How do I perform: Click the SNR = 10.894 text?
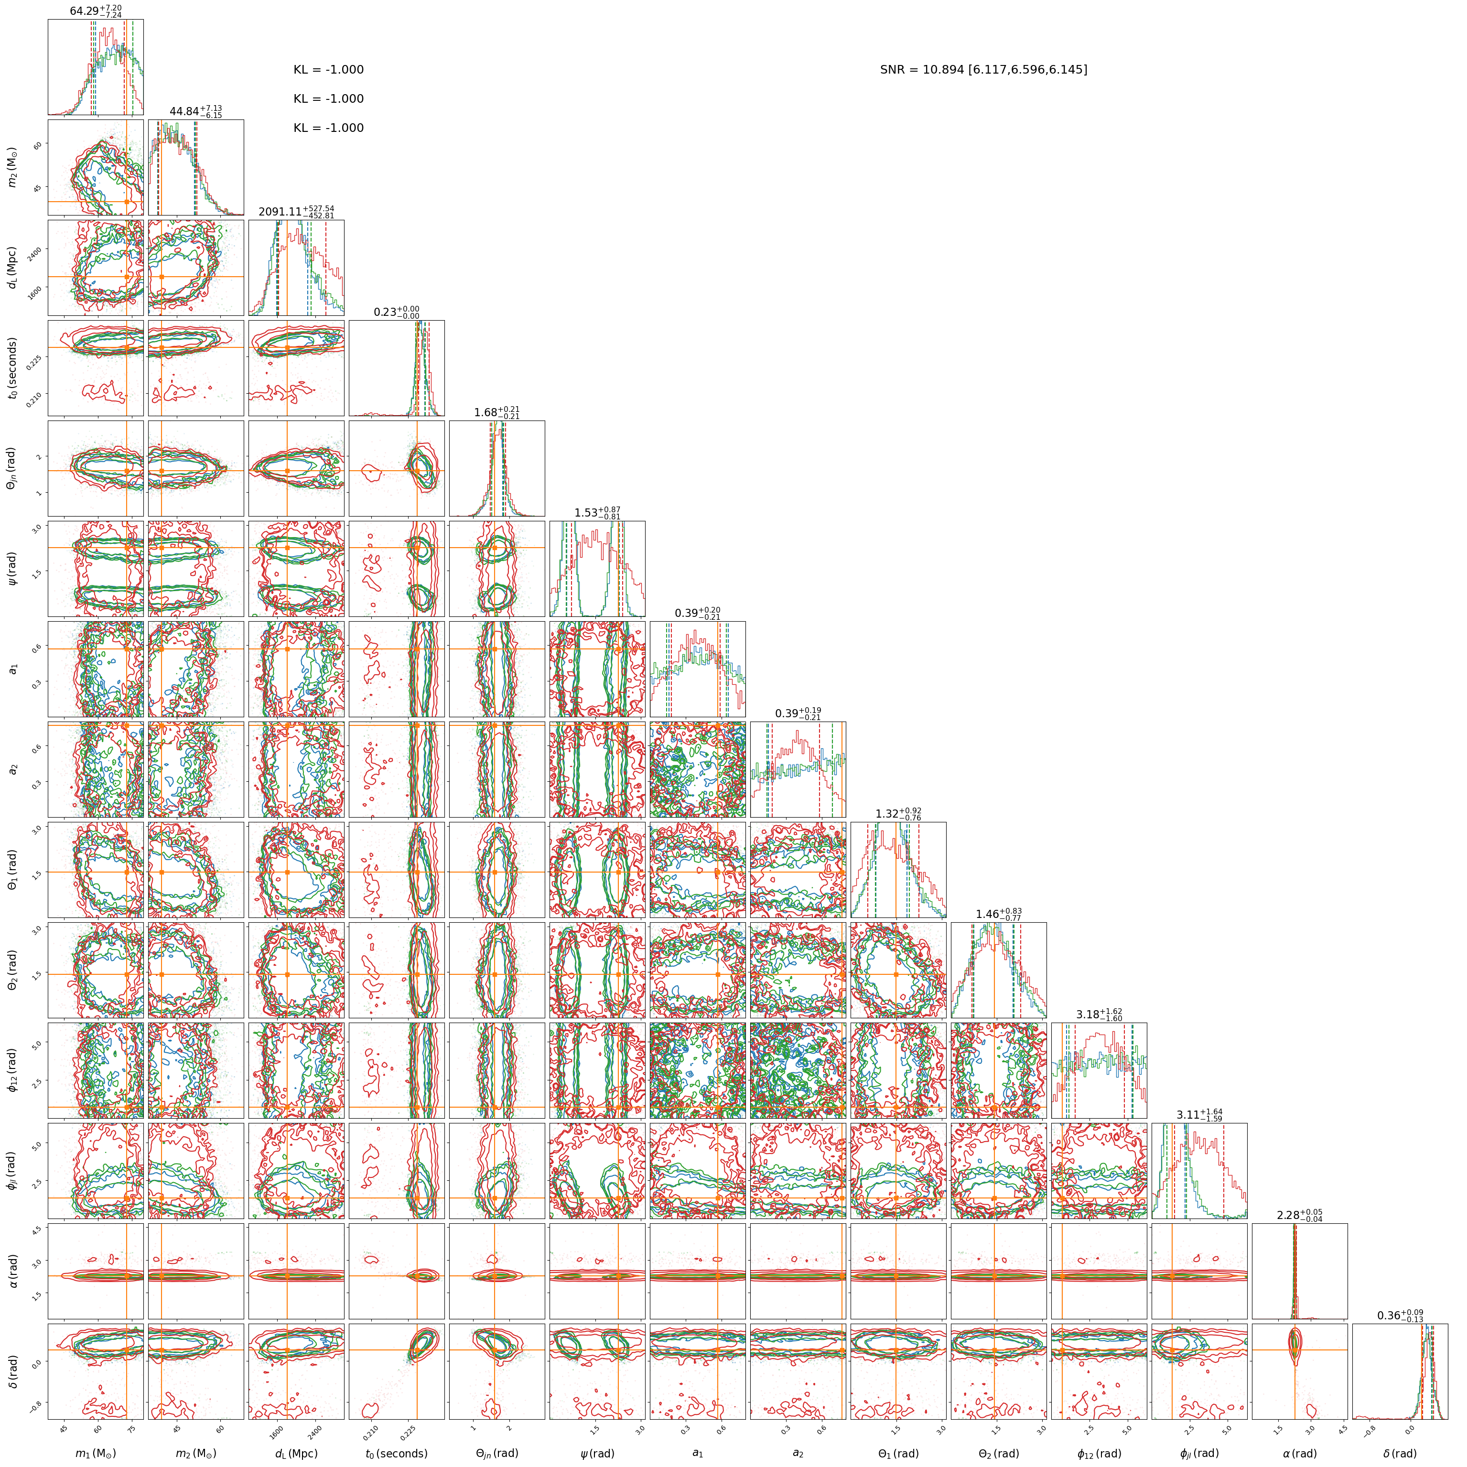(x=983, y=70)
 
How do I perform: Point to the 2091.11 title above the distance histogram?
(x=296, y=212)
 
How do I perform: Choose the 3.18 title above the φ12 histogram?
(x=1099, y=1014)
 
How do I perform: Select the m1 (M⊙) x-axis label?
(x=96, y=1453)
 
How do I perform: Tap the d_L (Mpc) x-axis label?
(x=296, y=1453)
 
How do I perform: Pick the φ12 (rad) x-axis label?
(x=1099, y=1453)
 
